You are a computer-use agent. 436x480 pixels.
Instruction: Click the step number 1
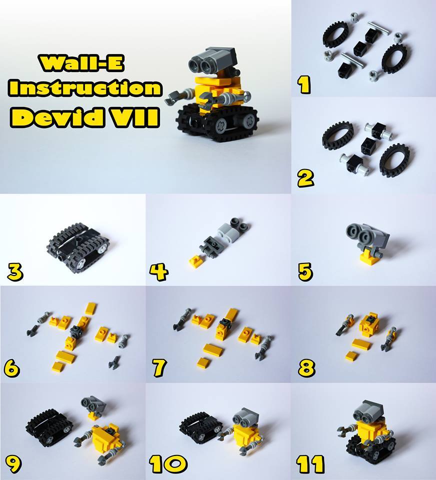(x=304, y=84)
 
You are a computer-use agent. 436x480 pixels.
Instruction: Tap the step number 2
(x=305, y=178)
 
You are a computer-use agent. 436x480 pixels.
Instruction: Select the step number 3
(x=15, y=272)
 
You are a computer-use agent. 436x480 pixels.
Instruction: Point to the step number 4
(x=158, y=272)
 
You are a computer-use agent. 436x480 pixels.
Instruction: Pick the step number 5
(x=305, y=272)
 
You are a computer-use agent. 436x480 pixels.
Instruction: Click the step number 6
(x=12, y=367)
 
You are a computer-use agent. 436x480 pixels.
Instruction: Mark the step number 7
(x=159, y=367)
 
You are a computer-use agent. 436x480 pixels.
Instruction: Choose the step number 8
(x=306, y=367)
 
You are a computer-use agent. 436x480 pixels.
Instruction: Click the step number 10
(x=168, y=464)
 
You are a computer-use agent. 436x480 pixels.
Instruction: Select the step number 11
(x=310, y=464)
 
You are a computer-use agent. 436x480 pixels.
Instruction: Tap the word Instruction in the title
(x=85, y=88)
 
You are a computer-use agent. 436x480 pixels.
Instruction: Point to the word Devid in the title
(x=58, y=117)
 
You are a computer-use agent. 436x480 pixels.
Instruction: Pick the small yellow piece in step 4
(x=195, y=261)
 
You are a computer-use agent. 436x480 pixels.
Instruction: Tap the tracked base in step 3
(x=79, y=248)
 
